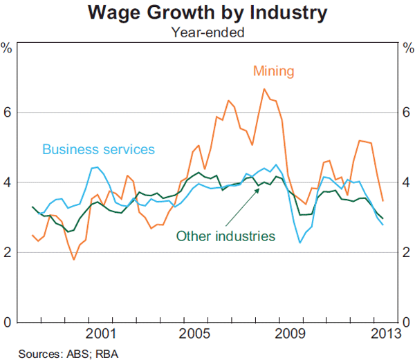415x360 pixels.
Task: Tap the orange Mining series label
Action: (x=274, y=70)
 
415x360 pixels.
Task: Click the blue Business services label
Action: (x=98, y=149)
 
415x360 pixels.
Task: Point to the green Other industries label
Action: (x=225, y=236)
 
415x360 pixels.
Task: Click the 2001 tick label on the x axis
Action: (x=102, y=334)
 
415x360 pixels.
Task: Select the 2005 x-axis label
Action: (x=195, y=334)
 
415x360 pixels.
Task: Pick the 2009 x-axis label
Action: (x=289, y=334)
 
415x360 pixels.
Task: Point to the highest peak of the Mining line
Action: (x=264, y=88)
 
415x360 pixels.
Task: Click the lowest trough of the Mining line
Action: (x=74, y=259)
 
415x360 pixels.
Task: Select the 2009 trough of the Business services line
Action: (x=299, y=243)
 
